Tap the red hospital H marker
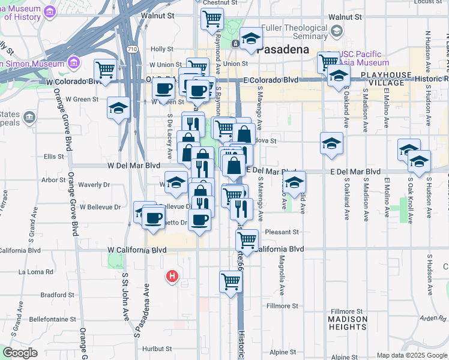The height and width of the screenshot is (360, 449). coord(172,276)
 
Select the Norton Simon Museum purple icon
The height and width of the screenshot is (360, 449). coord(74,62)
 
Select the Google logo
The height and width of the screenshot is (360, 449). coord(20,353)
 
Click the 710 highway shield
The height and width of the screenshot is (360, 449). coord(133,49)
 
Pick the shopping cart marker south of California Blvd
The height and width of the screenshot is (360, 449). coord(231,281)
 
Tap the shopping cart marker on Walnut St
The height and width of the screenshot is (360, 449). coord(211,19)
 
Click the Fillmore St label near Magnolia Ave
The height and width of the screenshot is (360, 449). coord(282,306)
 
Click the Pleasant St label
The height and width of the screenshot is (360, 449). coord(282,232)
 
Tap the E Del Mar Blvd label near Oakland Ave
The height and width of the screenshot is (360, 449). coord(356,172)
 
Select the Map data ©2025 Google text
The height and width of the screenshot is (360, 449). coord(411,355)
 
